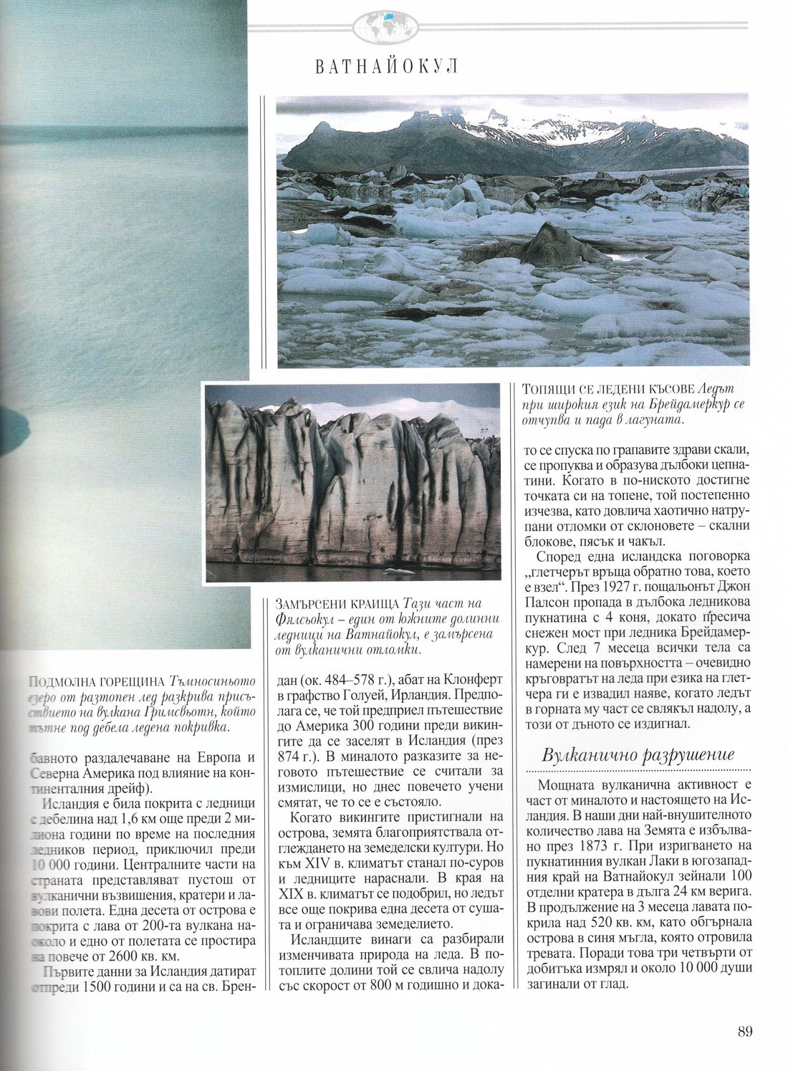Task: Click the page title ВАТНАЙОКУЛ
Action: [x=385, y=67]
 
